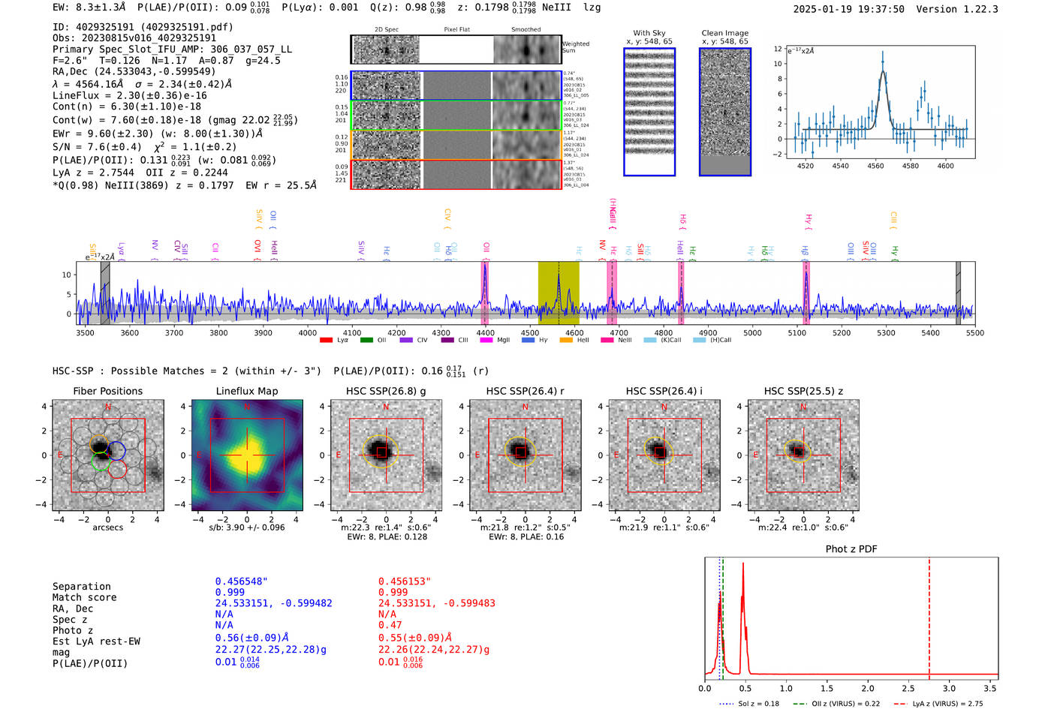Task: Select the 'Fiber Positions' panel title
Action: [107, 391]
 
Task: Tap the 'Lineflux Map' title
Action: [246, 391]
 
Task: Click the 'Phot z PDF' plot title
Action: [851, 549]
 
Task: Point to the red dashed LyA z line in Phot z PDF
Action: [929, 615]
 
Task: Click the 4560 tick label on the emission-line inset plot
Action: [875, 166]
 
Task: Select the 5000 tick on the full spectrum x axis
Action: [752, 333]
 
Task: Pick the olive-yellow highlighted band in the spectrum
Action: [559, 293]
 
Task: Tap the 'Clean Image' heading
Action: [724, 33]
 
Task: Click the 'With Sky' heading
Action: [649, 33]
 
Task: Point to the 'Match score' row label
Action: [84, 597]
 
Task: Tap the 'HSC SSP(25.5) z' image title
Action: [803, 391]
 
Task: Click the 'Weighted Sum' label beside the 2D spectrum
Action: [576, 47]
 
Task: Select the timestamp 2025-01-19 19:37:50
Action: [848, 9]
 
